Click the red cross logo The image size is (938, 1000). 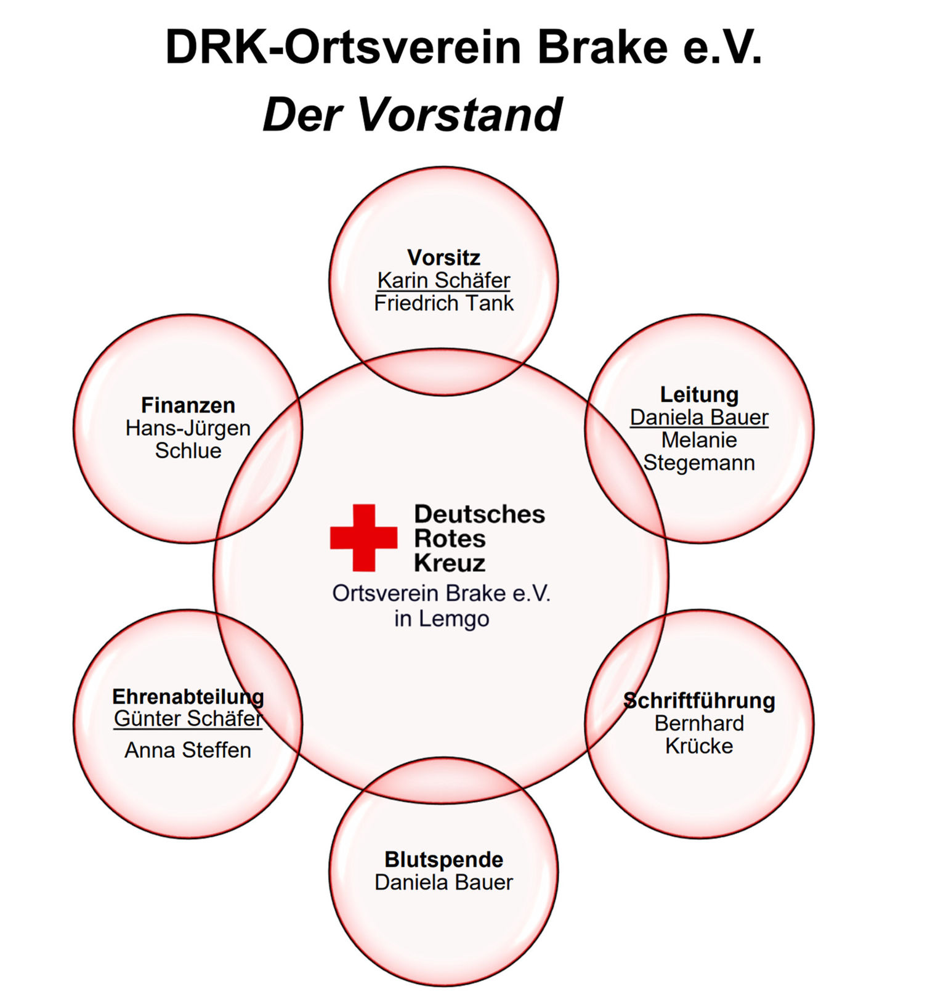pyautogui.click(x=363, y=537)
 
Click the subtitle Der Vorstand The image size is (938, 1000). pyautogui.click(x=412, y=115)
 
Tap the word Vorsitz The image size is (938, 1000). pyautogui.click(x=443, y=257)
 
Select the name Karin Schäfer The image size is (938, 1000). pyautogui.click(x=443, y=280)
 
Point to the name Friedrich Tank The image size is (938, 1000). pyautogui.click(x=443, y=303)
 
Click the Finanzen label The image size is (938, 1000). pyautogui.click(x=188, y=405)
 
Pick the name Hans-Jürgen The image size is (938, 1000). pyautogui.click(x=188, y=428)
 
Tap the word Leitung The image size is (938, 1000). pyautogui.click(x=699, y=394)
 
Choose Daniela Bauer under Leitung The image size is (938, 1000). pyautogui.click(x=699, y=418)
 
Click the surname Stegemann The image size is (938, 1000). pyautogui.click(x=699, y=463)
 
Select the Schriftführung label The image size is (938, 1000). pyautogui.click(x=699, y=701)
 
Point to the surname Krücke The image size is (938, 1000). pyautogui.click(x=699, y=746)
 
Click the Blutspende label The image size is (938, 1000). pyautogui.click(x=443, y=860)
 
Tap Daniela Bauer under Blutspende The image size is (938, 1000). pyautogui.click(x=443, y=882)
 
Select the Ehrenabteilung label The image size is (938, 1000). pyautogui.click(x=188, y=697)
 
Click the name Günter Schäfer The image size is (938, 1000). pyautogui.click(x=188, y=718)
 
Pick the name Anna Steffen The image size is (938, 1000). pyautogui.click(x=188, y=750)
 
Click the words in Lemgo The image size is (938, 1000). pyautogui.click(x=442, y=619)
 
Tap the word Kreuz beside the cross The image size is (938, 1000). pyautogui.click(x=449, y=563)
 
